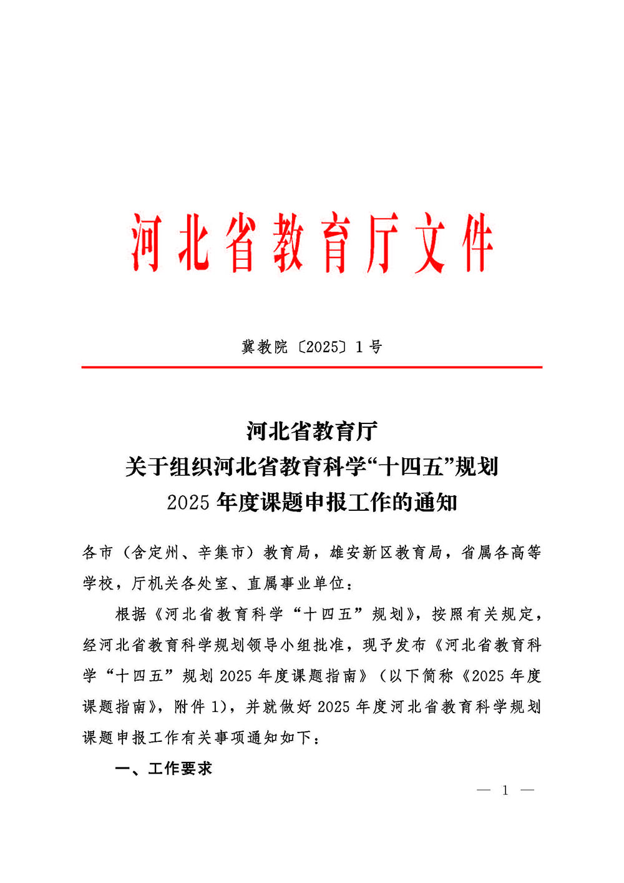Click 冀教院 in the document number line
(x=265, y=347)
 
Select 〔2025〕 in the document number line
(x=322, y=347)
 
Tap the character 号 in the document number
(x=376, y=347)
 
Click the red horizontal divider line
(x=312, y=367)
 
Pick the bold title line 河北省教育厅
(x=312, y=431)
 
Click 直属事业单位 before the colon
(x=296, y=583)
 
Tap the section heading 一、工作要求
(x=163, y=768)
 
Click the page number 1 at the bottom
(x=505, y=791)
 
